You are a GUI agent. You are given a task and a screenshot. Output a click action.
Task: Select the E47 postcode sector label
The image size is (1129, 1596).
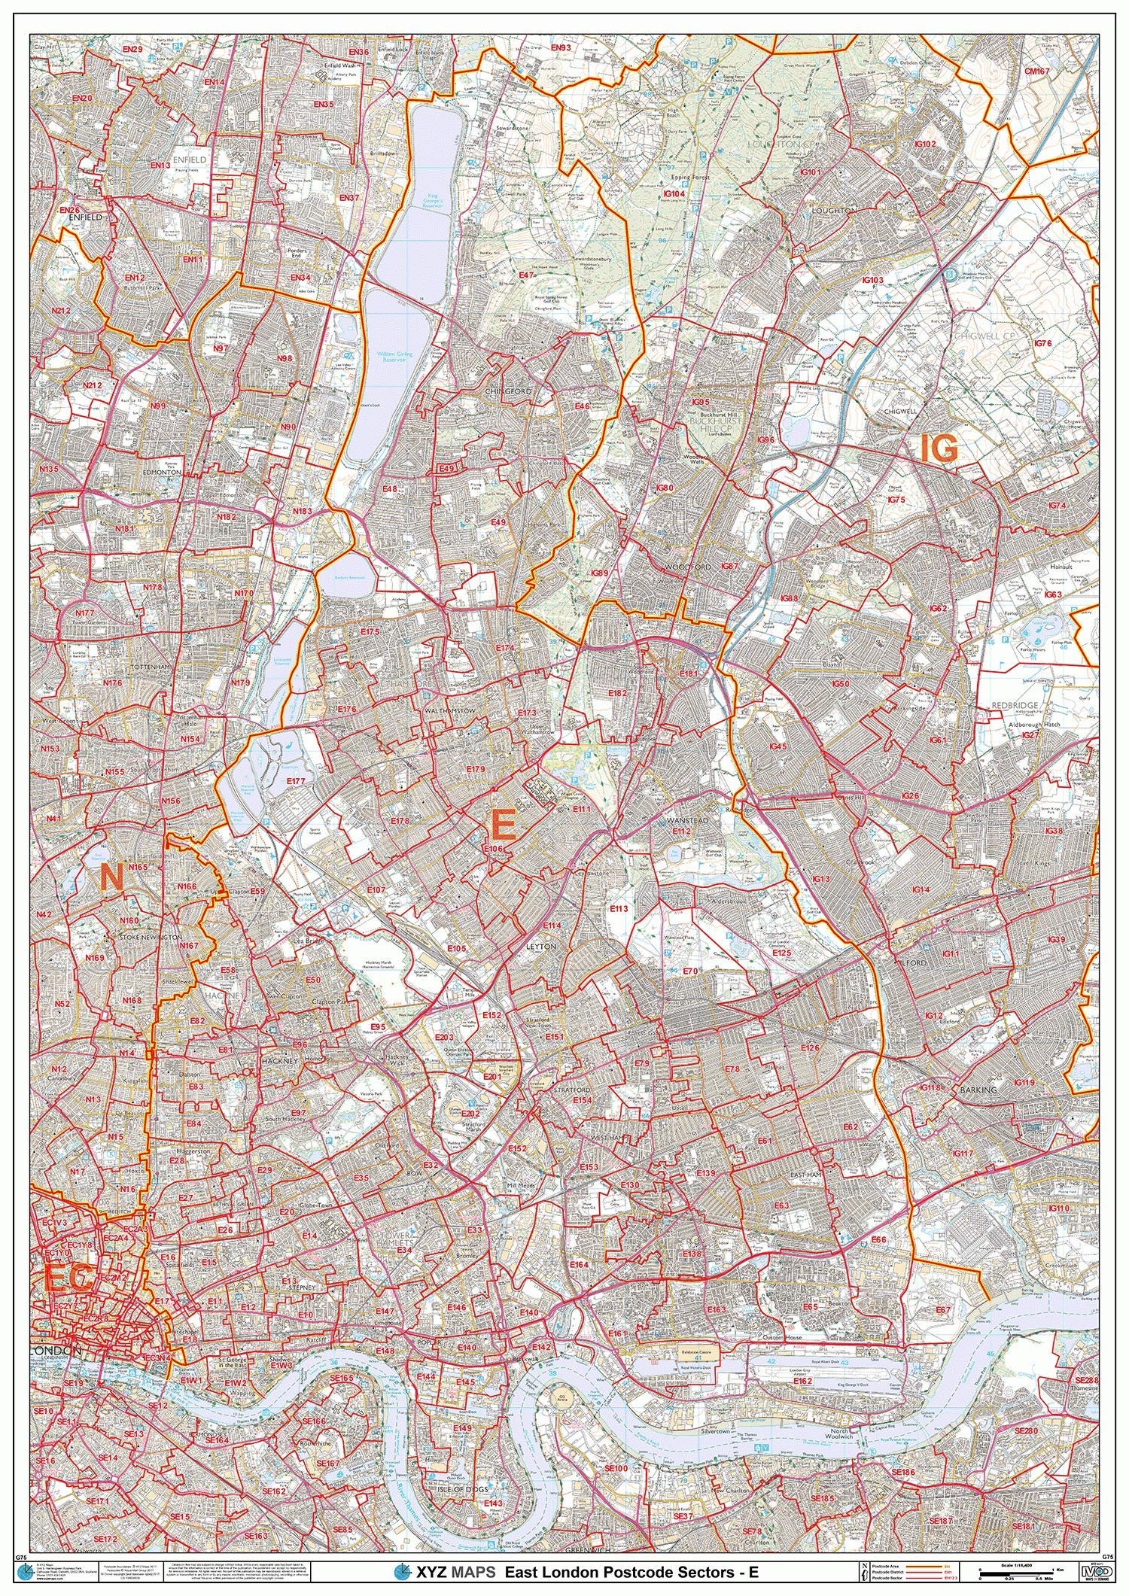point(526,276)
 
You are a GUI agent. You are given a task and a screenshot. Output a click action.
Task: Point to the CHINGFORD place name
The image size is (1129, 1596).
point(509,391)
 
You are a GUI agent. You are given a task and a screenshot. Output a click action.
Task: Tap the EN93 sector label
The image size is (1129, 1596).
point(560,48)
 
